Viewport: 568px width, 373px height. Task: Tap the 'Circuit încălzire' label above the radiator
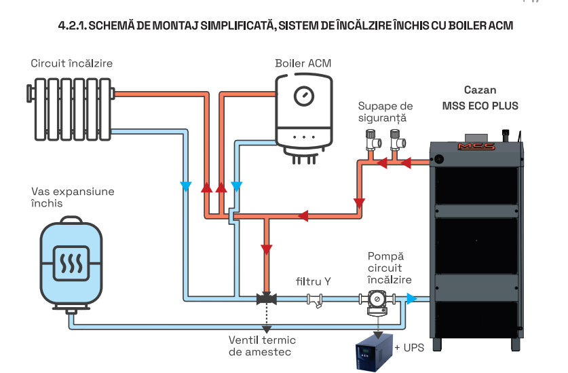coord(71,63)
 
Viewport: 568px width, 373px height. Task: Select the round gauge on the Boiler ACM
coord(303,96)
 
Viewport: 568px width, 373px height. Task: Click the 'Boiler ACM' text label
coord(303,63)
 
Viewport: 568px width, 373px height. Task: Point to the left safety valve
coord(372,140)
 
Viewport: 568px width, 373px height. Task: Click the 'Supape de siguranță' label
coord(385,112)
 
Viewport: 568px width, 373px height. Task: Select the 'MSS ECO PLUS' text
coord(480,106)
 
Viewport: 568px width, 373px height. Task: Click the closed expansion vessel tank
coord(69,262)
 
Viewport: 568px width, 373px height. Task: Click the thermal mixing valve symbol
coord(265,298)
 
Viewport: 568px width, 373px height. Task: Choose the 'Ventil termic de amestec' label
coord(262,347)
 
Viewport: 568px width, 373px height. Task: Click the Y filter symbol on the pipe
coord(314,300)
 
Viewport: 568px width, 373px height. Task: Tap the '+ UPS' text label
coord(409,347)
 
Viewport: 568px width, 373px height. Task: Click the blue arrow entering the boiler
coord(411,298)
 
